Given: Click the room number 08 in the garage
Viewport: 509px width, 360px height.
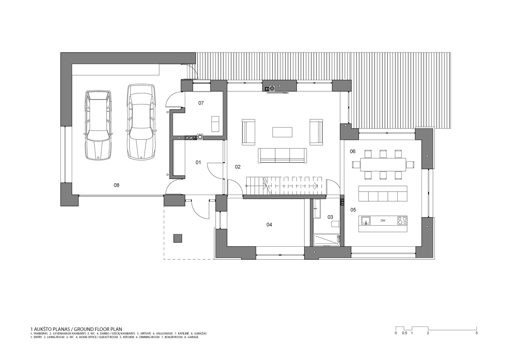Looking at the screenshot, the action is click(x=116, y=185).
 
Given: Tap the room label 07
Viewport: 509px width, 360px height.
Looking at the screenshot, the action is click(x=201, y=103).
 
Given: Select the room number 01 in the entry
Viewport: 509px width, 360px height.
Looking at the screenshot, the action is click(x=198, y=162).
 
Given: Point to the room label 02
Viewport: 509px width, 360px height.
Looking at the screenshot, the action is click(x=237, y=167).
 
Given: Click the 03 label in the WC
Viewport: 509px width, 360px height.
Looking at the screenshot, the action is click(x=330, y=217).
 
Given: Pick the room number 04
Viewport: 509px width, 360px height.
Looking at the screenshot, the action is click(x=269, y=225).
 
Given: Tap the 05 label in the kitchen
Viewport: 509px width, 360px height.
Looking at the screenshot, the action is click(x=353, y=210).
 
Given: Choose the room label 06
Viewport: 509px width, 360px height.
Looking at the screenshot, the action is click(x=352, y=152).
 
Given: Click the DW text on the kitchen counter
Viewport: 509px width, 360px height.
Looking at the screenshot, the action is click(x=383, y=221).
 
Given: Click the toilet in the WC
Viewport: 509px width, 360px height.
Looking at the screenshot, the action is click(x=335, y=224).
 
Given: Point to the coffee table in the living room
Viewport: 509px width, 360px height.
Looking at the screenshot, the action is click(x=282, y=132).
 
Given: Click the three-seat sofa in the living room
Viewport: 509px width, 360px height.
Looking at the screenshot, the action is click(x=282, y=156).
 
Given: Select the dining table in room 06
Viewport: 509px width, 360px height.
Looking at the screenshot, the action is click(x=383, y=165).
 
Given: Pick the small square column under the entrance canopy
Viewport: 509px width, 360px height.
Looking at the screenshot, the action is click(x=178, y=238).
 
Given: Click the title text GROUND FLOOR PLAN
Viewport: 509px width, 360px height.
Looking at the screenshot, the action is click(x=98, y=329).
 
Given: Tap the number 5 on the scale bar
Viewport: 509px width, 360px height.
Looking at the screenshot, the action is click(x=477, y=333).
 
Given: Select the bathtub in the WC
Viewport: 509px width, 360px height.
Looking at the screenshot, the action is click(x=327, y=240).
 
